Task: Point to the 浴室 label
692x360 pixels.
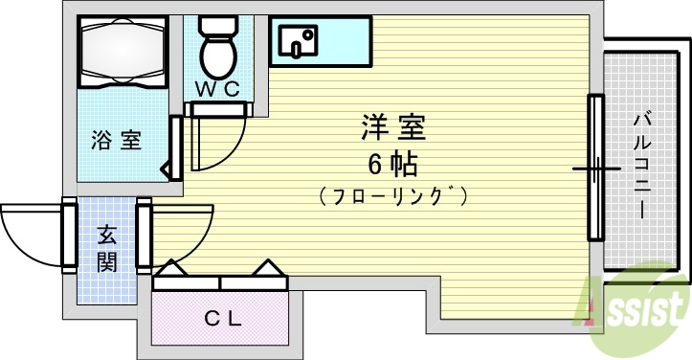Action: point(117,140)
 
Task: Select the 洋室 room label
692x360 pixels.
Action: point(392,125)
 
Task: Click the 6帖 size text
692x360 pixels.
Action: point(391,164)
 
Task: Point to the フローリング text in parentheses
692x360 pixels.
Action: point(393,197)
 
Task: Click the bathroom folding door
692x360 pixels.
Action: point(175,148)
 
